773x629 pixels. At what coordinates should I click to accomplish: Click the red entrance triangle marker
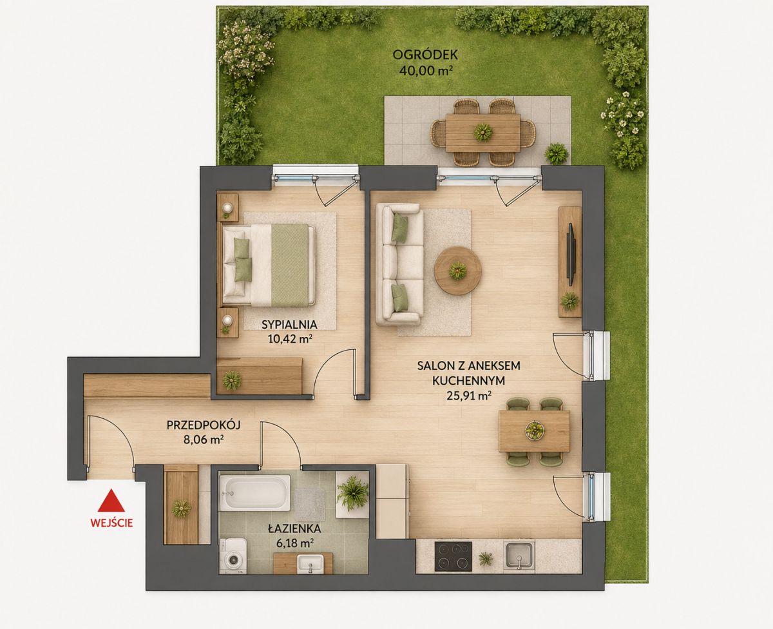[x=111, y=501]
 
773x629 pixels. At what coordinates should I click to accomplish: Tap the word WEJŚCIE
[x=111, y=523]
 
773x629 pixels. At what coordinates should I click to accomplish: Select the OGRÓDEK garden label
[x=425, y=55]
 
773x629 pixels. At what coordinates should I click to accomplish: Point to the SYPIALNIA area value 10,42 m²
[x=291, y=339]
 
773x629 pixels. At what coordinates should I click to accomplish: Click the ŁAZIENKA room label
[x=294, y=529]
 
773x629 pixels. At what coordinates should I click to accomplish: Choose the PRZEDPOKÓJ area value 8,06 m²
[x=203, y=440]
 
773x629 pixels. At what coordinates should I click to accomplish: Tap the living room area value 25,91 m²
[x=469, y=396]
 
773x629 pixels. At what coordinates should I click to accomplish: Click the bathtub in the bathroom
[x=255, y=493]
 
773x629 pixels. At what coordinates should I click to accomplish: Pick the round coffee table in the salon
[x=458, y=271]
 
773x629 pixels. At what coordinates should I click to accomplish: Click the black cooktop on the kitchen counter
[x=453, y=556]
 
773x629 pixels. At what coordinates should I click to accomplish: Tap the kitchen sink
[x=519, y=556]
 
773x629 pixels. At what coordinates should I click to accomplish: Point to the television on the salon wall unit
[x=571, y=254]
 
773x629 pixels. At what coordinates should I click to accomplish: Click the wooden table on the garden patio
[x=482, y=133]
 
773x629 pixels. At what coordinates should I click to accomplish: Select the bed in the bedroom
[x=268, y=265]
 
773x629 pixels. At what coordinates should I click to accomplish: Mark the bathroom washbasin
[x=310, y=564]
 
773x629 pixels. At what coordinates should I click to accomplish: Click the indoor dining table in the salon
[x=534, y=431]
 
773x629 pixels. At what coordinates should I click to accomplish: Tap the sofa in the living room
[x=399, y=264]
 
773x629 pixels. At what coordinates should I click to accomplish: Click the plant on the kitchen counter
[x=486, y=559]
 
